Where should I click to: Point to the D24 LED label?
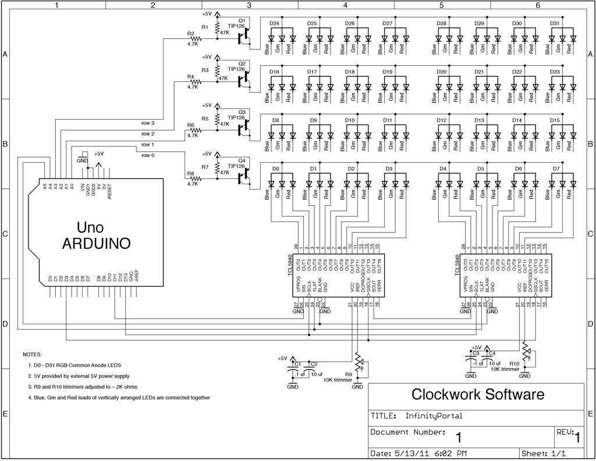point(275,23)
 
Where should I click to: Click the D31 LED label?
point(555,23)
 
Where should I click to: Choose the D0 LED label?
point(276,169)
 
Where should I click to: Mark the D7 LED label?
point(555,169)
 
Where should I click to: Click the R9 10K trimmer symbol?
point(359,363)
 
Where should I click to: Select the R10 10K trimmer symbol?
point(526,352)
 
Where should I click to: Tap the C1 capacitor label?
point(297,364)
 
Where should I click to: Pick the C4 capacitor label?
point(492,353)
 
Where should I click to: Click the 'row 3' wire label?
point(148,123)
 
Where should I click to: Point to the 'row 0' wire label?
point(148,155)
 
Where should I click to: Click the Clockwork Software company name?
point(478,395)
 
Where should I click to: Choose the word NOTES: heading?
point(33,354)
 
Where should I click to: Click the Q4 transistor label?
point(242,160)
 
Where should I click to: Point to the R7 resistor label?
point(204,167)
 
